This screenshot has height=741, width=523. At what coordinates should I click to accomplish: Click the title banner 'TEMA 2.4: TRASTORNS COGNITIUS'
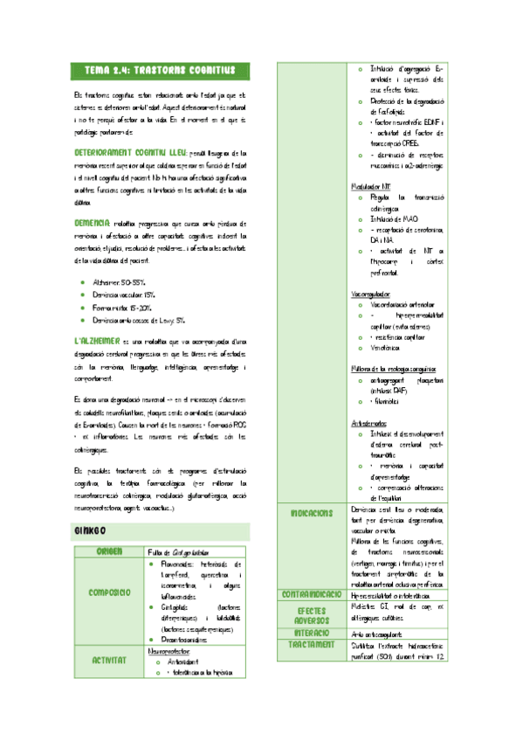tap(161, 70)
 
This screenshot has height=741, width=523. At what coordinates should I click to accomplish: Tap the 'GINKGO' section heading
tap(91, 530)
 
